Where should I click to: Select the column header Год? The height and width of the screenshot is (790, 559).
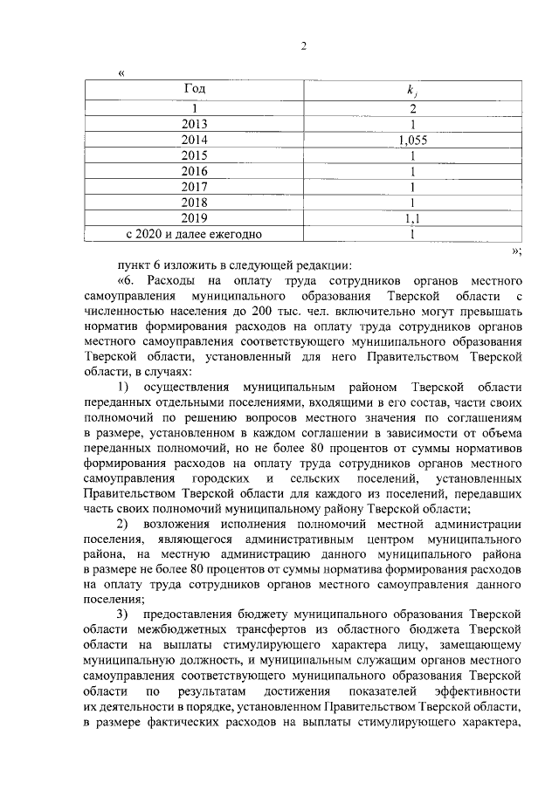pos(195,89)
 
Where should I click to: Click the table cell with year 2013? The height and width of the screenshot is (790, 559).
pos(195,124)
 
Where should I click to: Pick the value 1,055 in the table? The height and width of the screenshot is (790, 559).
pos(412,140)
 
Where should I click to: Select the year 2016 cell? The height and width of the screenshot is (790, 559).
pos(195,171)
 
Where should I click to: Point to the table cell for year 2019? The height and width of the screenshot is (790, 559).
pos(195,218)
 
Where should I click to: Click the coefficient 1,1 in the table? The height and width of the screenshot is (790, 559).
pos(412,218)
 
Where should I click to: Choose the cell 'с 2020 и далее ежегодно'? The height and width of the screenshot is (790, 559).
pos(195,234)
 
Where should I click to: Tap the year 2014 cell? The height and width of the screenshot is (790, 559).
pos(195,140)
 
